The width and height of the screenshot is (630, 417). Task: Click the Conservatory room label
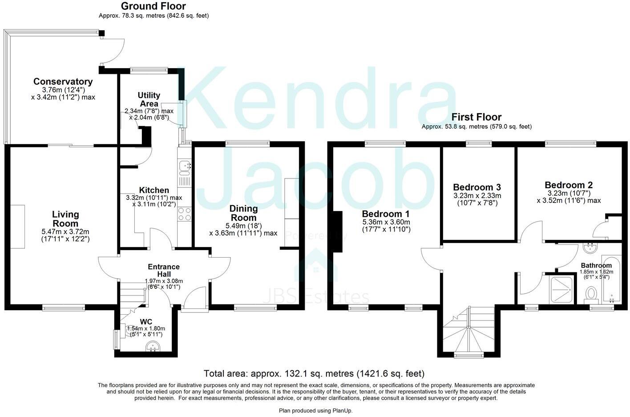63,82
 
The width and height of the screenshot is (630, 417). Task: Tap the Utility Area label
149,100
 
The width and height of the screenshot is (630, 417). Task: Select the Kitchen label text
154,190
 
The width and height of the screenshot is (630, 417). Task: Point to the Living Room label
65,219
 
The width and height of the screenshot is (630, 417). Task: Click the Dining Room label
243,213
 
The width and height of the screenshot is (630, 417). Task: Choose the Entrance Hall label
164,270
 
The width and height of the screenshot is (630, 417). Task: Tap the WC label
146,322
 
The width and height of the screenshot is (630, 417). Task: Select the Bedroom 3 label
477,187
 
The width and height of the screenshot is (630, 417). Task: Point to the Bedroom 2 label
569,185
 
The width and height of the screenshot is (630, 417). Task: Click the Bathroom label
596,266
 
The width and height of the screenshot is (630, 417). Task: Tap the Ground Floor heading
153,6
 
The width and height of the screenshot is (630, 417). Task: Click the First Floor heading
477,117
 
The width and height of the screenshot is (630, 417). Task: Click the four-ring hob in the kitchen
184,214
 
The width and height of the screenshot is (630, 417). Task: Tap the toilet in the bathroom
591,293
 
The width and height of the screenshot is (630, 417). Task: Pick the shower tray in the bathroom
561,290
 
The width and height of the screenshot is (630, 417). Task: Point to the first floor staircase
469,331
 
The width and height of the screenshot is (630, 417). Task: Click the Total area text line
314,373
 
